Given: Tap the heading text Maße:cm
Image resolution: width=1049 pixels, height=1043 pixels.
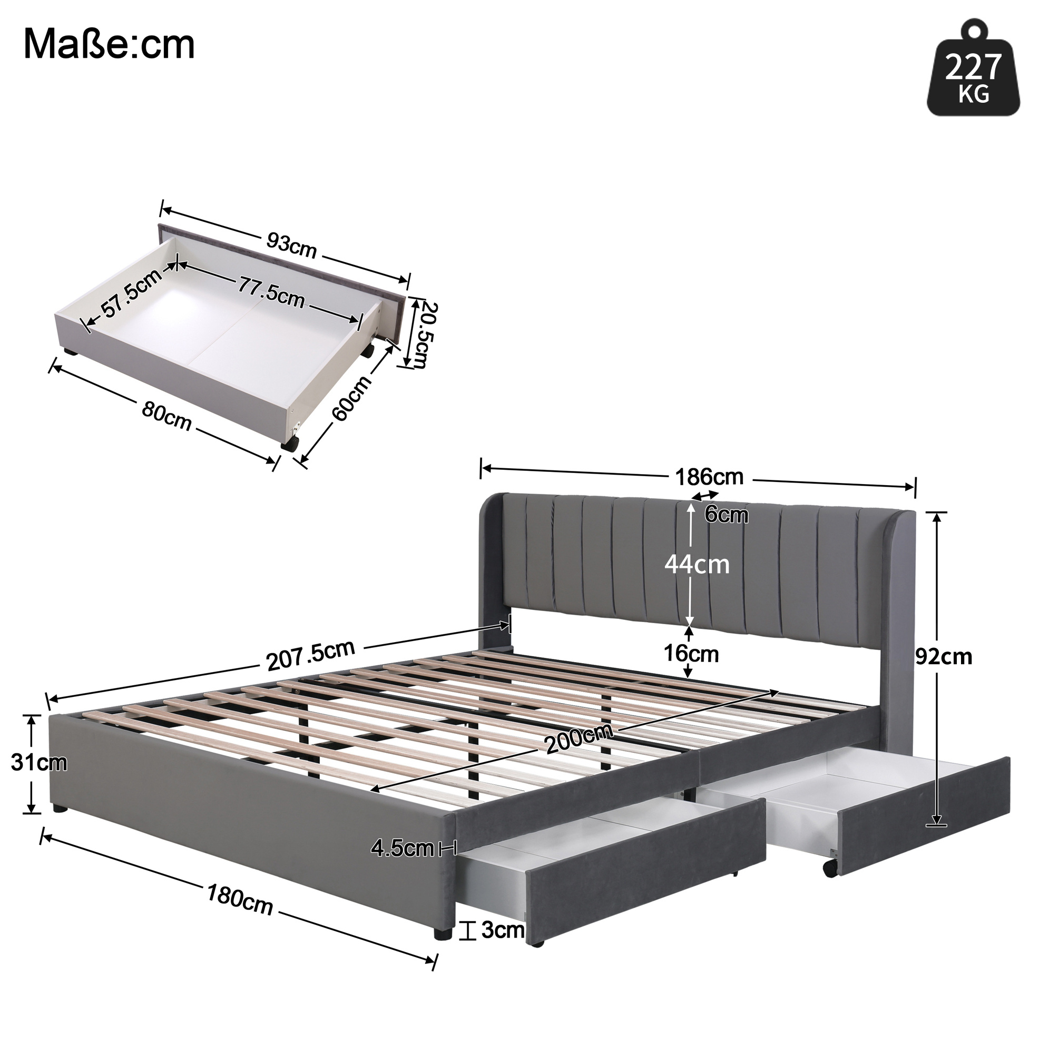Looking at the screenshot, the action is coord(109,45).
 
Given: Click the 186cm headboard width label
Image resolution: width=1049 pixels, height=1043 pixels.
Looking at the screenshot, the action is coord(709,477).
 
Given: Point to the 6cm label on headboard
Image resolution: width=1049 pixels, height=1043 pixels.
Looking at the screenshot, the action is coord(727,514).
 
